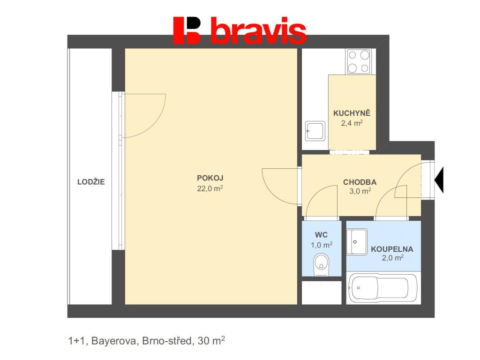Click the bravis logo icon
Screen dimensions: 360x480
[x=187, y=30]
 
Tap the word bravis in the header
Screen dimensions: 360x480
[x=258, y=31]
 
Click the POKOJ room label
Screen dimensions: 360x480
[x=210, y=178]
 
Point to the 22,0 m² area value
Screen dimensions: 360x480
[x=210, y=188]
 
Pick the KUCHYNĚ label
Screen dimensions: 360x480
[x=352, y=113]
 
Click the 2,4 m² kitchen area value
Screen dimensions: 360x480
[x=352, y=123]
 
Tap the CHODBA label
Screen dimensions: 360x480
[x=360, y=182]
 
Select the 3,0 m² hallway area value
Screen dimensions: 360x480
[x=360, y=191]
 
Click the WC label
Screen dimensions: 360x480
[x=321, y=235]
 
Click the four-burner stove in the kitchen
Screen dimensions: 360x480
[x=359, y=61]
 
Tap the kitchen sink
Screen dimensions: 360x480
[x=315, y=131]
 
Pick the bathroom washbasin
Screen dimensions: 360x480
[x=357, y=242]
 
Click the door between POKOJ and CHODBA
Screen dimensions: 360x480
[x=280, y=186]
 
